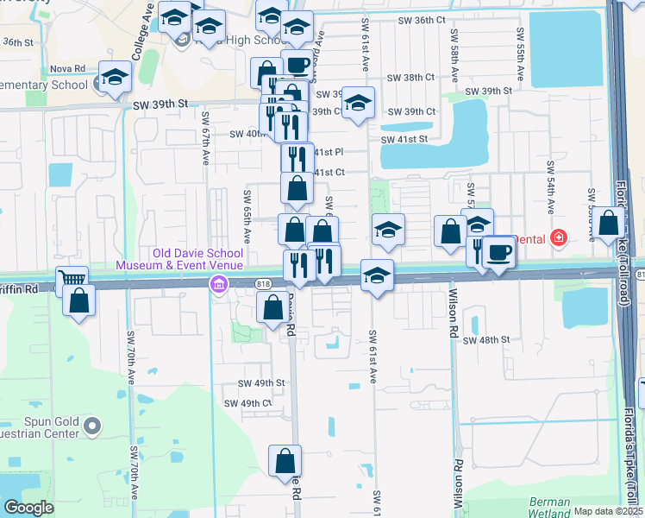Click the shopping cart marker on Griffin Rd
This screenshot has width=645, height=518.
(72, 281)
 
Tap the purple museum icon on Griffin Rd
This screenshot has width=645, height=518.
(220, 284)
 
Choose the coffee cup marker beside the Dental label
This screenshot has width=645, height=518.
(498, 252)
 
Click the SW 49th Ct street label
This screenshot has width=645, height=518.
(247, 403)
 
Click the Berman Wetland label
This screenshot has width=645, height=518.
(549, 508)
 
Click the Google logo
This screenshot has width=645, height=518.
(28, 508)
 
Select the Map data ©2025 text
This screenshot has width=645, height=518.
(607, 511)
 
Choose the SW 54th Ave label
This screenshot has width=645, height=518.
(550, 187)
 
